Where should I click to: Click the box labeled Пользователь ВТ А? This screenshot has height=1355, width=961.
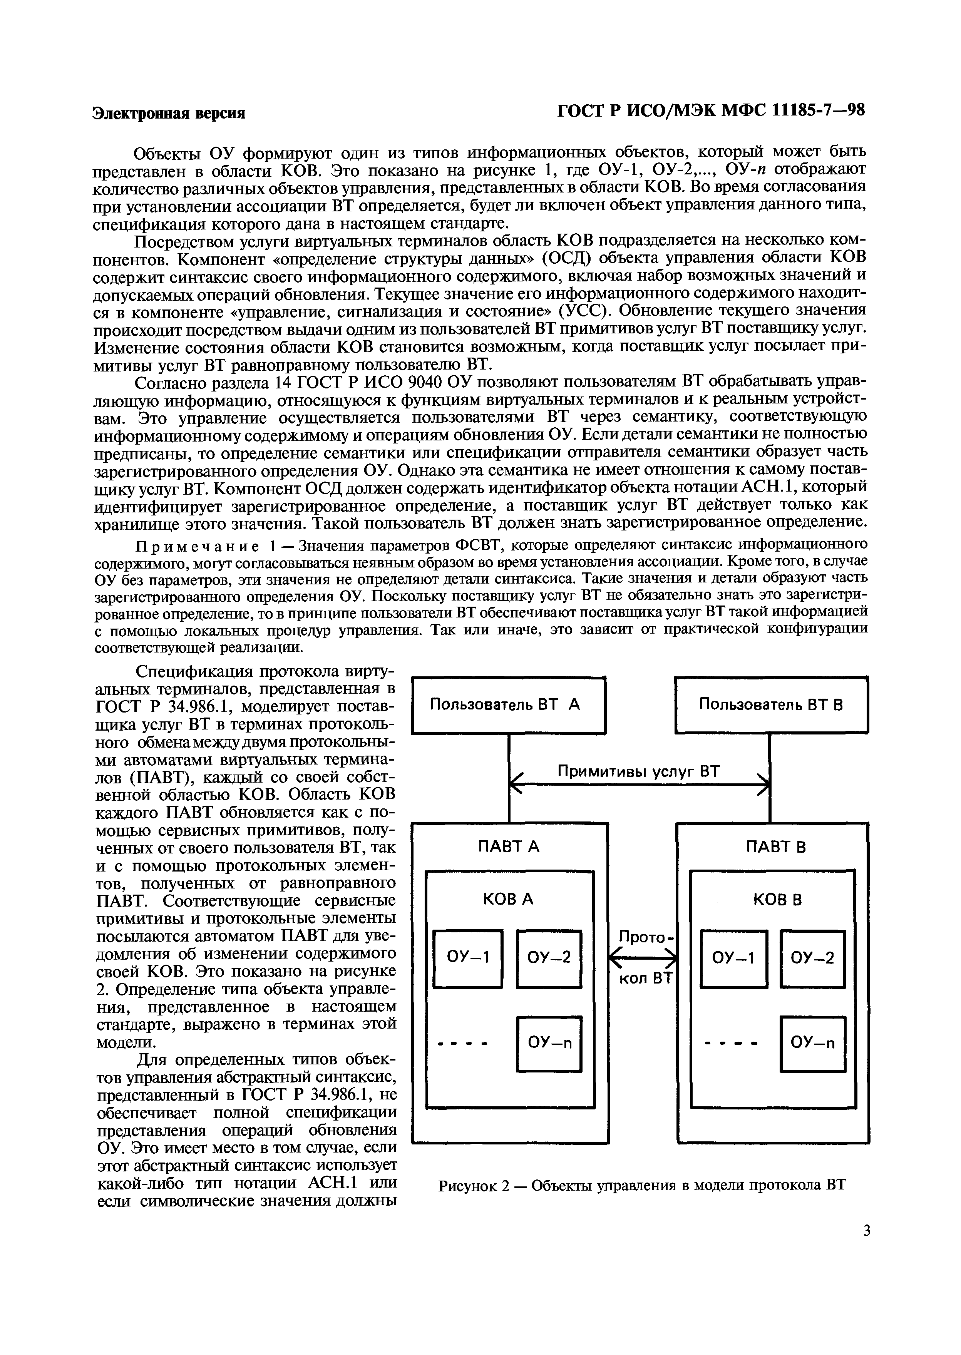[508, 705]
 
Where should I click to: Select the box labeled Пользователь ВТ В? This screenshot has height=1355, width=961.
[771, 705]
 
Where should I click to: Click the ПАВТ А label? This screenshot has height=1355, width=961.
[509, 847]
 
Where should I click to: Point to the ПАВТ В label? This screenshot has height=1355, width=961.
[775, 847]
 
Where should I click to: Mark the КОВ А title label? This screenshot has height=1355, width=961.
[508, 899]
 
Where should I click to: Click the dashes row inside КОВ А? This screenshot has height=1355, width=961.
[462, 1045]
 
